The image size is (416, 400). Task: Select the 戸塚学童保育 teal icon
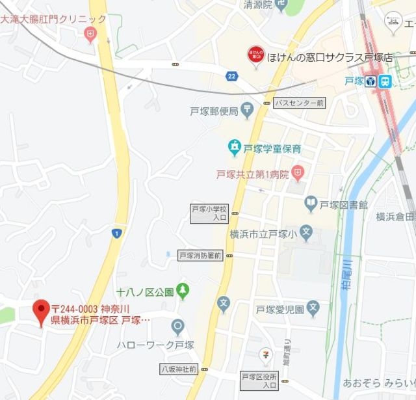coord(233,148)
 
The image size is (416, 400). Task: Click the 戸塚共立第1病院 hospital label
coord(253,174)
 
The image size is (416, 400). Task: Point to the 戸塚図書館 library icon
coord(311,205)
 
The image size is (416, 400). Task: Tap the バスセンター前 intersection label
coord(298,103)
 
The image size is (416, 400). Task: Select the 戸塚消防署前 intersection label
coord(200,256)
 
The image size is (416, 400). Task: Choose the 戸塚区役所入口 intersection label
coord(259,380)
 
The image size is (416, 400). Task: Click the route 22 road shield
coord(232,77)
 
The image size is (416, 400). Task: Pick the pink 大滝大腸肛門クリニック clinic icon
coord(90,34)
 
